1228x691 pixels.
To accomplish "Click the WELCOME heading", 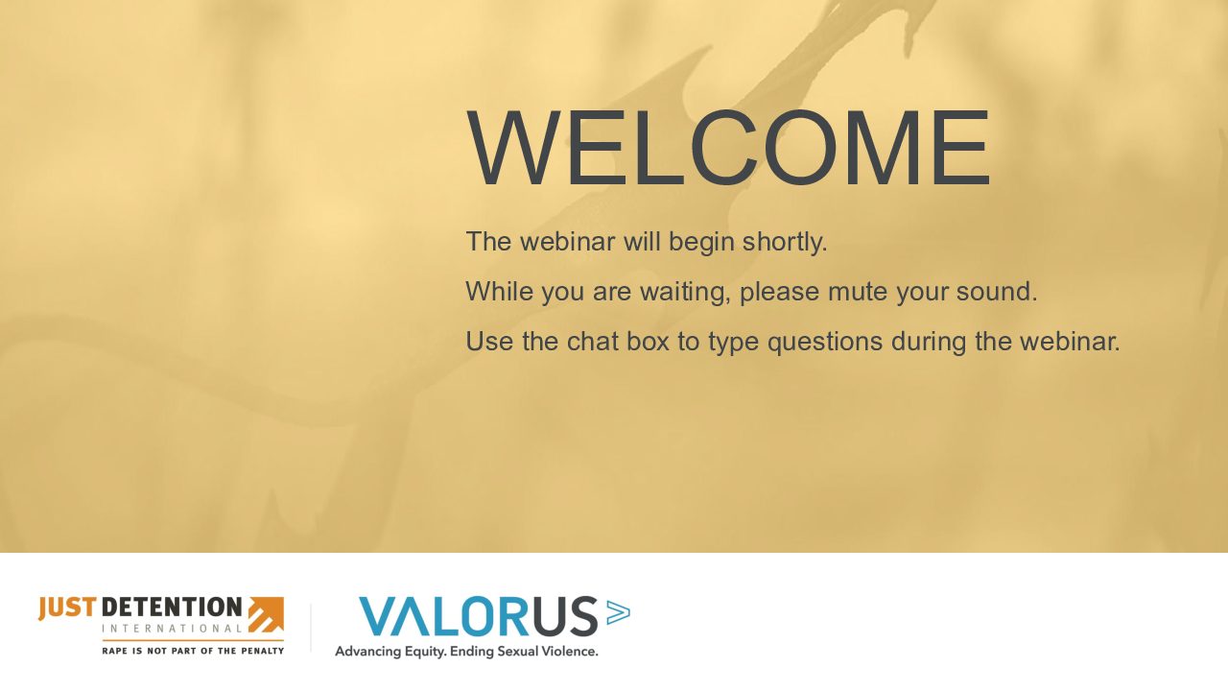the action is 728,148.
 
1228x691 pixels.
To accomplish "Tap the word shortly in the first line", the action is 785,242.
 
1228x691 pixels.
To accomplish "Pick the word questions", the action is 825,343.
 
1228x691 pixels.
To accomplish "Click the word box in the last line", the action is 648,341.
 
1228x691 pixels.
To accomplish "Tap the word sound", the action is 997,291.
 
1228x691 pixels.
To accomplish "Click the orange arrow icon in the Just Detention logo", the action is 266,615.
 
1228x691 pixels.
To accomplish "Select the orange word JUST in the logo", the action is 67,608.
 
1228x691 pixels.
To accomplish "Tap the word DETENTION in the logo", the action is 172,608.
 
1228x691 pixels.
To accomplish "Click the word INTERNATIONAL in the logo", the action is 172,629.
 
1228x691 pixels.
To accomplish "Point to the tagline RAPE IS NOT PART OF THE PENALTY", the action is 193,651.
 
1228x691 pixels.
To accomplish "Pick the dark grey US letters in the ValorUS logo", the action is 565,616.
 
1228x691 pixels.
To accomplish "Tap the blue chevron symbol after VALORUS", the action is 619,612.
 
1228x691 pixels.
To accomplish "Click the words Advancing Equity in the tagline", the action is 391,652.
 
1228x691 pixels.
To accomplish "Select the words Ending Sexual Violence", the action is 524,652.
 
